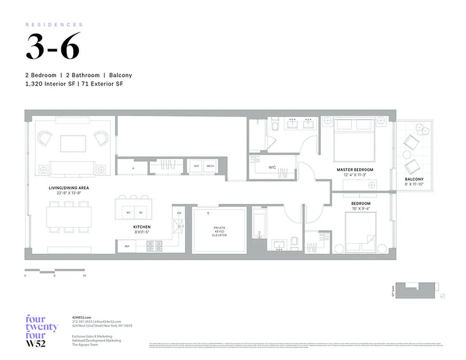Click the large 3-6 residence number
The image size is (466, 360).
(x=53, y=47)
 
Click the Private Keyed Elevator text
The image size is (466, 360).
(x=220, y=231)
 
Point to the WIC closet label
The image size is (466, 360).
(x=272, y=167)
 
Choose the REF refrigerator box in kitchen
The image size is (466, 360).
(x=126, y=246)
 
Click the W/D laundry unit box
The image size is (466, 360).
(x=196, y=166)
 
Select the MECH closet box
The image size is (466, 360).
(x=210, y=166)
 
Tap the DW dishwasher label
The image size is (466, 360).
(x=179, y=213)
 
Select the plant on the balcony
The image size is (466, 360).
(x=423, y=131)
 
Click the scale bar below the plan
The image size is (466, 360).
(x=55, y=271)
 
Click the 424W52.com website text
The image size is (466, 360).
(x=81, y=318)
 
